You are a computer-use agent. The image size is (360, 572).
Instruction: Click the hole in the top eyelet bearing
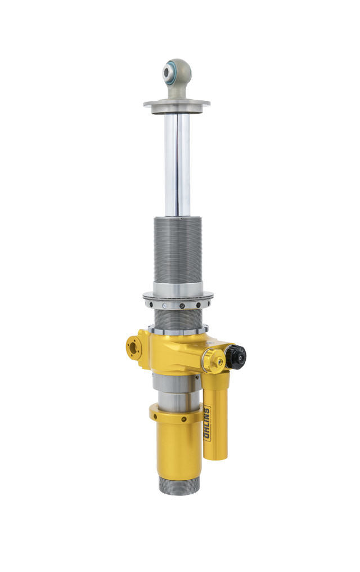coord(168,71)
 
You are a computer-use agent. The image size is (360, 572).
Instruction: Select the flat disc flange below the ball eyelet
coord(177,104)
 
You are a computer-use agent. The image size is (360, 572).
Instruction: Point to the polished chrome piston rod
coord(177,163)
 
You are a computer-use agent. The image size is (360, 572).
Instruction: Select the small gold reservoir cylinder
coord(216,417)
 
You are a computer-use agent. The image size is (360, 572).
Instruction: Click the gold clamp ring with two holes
coord(175,414)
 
